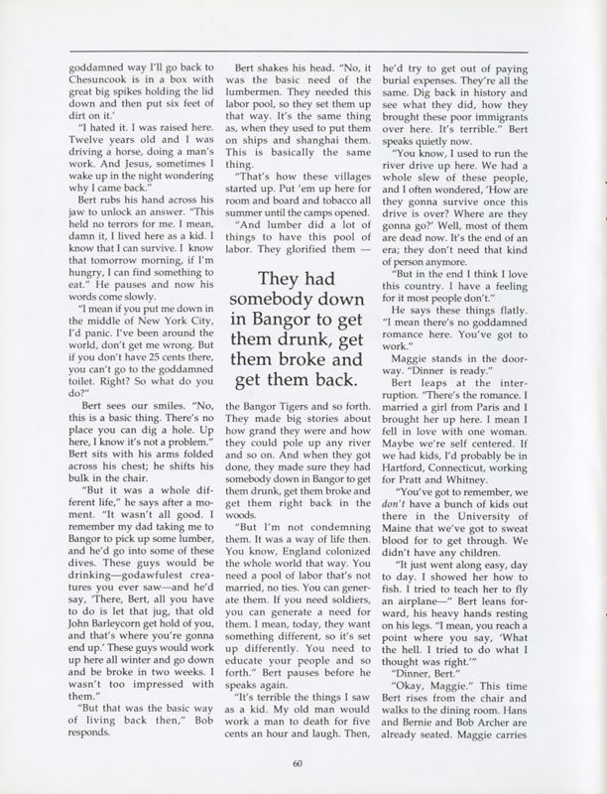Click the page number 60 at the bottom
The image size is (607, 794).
click(x=297, y=763)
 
